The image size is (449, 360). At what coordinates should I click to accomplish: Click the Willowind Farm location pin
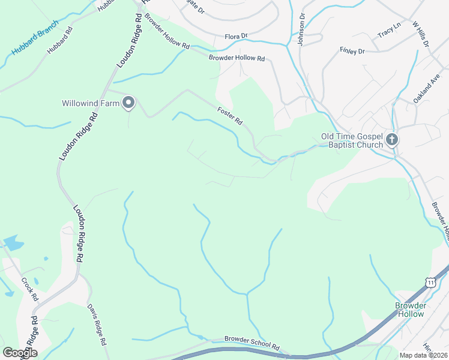coord(128,103)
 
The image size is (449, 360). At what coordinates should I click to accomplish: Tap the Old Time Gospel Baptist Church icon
coord(392,140)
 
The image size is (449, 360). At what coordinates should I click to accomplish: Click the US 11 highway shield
coord(430,282)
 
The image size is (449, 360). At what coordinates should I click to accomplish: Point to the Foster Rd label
coord(230,116)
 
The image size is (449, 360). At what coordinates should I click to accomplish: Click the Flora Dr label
coord(236,37)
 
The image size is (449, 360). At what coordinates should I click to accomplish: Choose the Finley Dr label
coord(352,51)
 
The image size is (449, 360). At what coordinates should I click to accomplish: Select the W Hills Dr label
coord(420,34)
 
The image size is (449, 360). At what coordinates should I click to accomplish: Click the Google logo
coord(20,353)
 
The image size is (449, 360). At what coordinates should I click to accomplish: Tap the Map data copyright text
coord(423,355)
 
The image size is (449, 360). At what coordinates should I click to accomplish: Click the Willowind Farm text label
coord(91,103)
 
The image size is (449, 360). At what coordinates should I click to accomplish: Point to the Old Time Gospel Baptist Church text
coord(352,140)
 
